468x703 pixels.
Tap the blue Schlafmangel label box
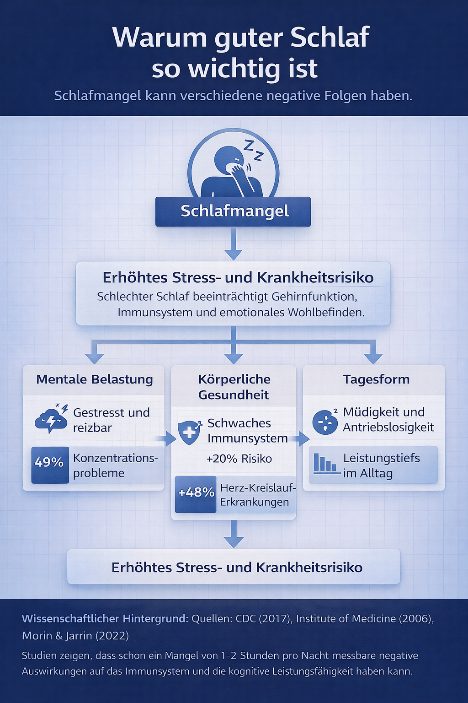coord(233,211)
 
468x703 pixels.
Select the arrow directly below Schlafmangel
coord(234,245)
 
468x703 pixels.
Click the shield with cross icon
coord(189,432)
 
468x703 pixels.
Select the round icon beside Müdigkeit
coord(325,422)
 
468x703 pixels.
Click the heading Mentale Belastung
coord(95,379)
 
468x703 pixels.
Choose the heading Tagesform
coord(376,379)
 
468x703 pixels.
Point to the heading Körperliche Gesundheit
coord(234,387)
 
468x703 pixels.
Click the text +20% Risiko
coord(239,459)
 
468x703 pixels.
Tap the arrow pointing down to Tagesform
coord(373,354)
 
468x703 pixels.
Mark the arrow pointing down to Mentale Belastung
coord(95,354)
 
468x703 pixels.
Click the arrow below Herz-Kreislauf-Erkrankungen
coord(234,535)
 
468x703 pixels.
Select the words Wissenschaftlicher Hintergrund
coord(105,619)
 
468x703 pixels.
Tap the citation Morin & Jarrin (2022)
coord(75,636)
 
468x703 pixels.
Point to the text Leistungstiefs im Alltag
coord(381,465)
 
